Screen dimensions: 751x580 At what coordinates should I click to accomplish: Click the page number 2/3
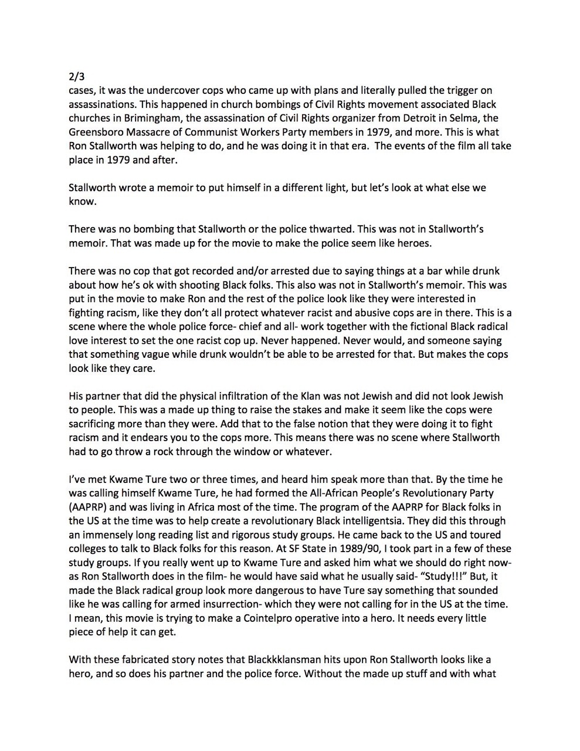(x=76, y=76)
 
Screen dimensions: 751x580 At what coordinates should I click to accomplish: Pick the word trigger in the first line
(x=450, y=90)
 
